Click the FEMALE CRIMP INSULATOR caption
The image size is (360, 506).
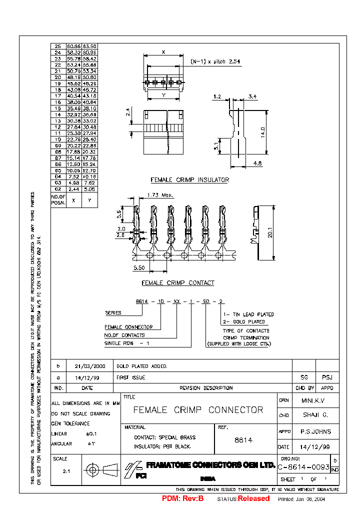[x=190, y=179]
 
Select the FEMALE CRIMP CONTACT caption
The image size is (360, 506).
[x=178, y=283]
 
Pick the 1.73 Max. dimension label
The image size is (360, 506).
[x=160, y=194]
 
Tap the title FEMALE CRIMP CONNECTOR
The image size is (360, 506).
[x=198, y=410]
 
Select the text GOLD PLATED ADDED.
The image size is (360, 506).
[x=142, y=366]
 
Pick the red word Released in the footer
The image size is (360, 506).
[x=253, y=498]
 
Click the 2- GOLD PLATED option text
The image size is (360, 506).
[x=244, y=321]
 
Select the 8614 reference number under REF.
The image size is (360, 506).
[x=243, y=440]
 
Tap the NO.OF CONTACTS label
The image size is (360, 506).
[x=124, y=335]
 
